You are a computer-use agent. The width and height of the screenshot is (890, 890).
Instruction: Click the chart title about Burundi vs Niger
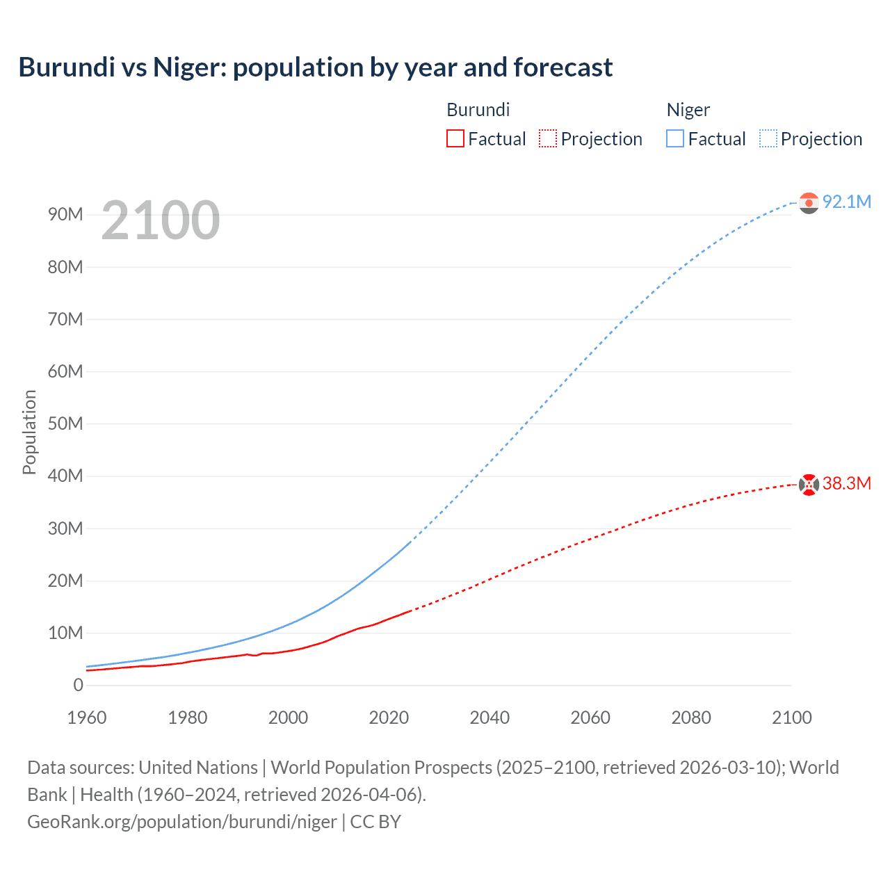click(316, 67)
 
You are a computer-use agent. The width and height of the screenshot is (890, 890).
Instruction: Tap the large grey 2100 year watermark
click(161, 220)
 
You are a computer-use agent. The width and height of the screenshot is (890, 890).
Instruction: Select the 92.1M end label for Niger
click(846, 202)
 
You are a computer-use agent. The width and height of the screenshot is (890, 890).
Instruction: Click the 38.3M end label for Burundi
click(846, 484)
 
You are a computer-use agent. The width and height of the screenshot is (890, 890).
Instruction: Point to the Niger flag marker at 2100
click(809, 202)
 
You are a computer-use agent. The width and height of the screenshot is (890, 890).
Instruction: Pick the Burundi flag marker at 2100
click(809, 485)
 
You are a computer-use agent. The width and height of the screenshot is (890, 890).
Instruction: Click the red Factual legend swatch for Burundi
click(455, 139)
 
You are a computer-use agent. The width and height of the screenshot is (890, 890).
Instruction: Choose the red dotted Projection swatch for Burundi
click(548, 139)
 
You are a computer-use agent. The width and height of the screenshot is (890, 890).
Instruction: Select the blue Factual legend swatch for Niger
click(675, 139)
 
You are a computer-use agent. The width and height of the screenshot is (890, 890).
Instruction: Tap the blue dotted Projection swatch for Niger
click(768, 139)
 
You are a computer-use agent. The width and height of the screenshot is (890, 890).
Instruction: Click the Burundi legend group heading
click(478, 110)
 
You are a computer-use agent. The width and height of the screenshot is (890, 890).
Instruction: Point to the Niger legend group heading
click(688, 110)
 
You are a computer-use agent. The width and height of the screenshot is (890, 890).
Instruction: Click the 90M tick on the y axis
click(65, 215)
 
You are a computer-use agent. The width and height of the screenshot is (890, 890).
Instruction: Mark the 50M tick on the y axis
click(65, 424)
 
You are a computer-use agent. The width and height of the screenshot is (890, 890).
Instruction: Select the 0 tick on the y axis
click(78, 686)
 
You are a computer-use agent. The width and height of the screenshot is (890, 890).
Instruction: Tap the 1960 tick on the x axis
click(87, 718)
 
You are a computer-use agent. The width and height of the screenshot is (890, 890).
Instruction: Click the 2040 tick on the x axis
click(489, 718)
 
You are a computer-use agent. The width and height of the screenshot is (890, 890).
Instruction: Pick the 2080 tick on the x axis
click(691, 718)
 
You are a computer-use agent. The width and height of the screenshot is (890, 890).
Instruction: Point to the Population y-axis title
click(29, 432)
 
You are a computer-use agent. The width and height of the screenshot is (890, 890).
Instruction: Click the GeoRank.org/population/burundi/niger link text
click(182, 822)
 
